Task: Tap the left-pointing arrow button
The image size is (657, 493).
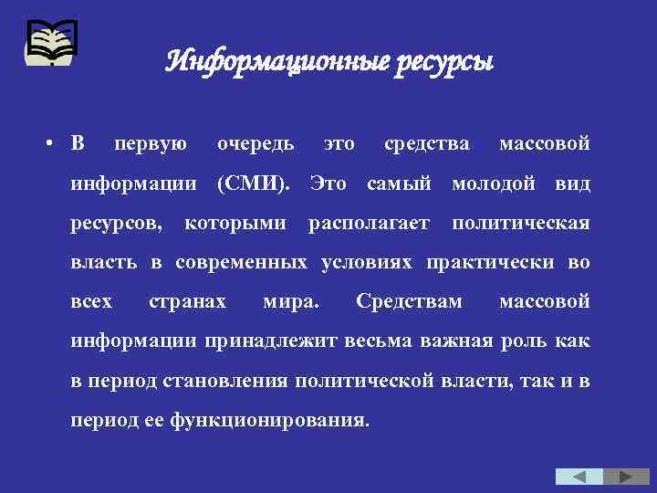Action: (x=579, y=477)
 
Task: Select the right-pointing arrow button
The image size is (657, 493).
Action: (x=626, y=477)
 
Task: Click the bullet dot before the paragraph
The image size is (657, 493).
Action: (x=54, y=144)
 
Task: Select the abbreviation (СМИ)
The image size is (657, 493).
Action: (x=252, y=184)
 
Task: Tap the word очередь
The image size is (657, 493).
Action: (x=255, y=144)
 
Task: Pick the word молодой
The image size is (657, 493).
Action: (x=494, y=184)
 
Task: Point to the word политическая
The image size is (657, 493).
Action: (x=521, y=223)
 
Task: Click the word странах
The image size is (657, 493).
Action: (x=187, y=301)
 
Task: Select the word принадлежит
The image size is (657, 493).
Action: (x=273, y=341)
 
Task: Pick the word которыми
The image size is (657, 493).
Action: (x=235, y=223)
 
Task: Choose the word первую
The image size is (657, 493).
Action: (x=151, y=144)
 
